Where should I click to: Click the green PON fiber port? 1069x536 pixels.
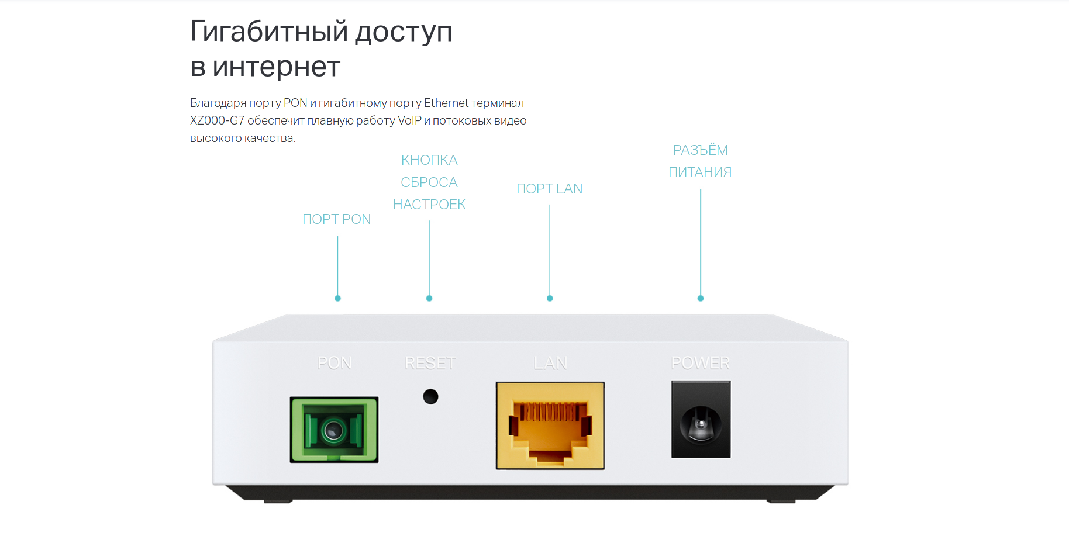(334, 430)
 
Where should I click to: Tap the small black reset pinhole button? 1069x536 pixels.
(430, 396)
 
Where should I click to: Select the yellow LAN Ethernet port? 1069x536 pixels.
(550, 426)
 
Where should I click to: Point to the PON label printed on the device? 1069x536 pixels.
(334, 363)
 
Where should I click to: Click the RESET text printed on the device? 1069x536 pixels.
(430, 363)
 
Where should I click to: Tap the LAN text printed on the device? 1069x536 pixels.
(550, 363)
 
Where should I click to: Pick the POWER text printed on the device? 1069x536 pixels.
(701, 363)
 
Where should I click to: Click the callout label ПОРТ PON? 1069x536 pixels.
(336, 219)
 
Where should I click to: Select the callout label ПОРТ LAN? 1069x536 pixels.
(549, 189)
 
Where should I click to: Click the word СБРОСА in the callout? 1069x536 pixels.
(429, 182)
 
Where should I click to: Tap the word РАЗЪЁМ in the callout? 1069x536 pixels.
(700, 150)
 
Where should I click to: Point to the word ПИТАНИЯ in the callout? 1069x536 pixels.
(700, 172)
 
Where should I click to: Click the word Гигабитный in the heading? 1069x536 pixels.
(269, 32)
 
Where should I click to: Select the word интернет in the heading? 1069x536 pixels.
(276, 67)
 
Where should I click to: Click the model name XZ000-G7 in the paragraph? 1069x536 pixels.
(217, 120)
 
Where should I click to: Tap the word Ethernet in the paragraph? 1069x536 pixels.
(446, 103)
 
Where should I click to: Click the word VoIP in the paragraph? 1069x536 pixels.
(409, 120)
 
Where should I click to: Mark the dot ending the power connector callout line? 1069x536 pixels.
(701, 298)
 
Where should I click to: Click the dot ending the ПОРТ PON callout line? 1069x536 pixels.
(337, 298)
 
